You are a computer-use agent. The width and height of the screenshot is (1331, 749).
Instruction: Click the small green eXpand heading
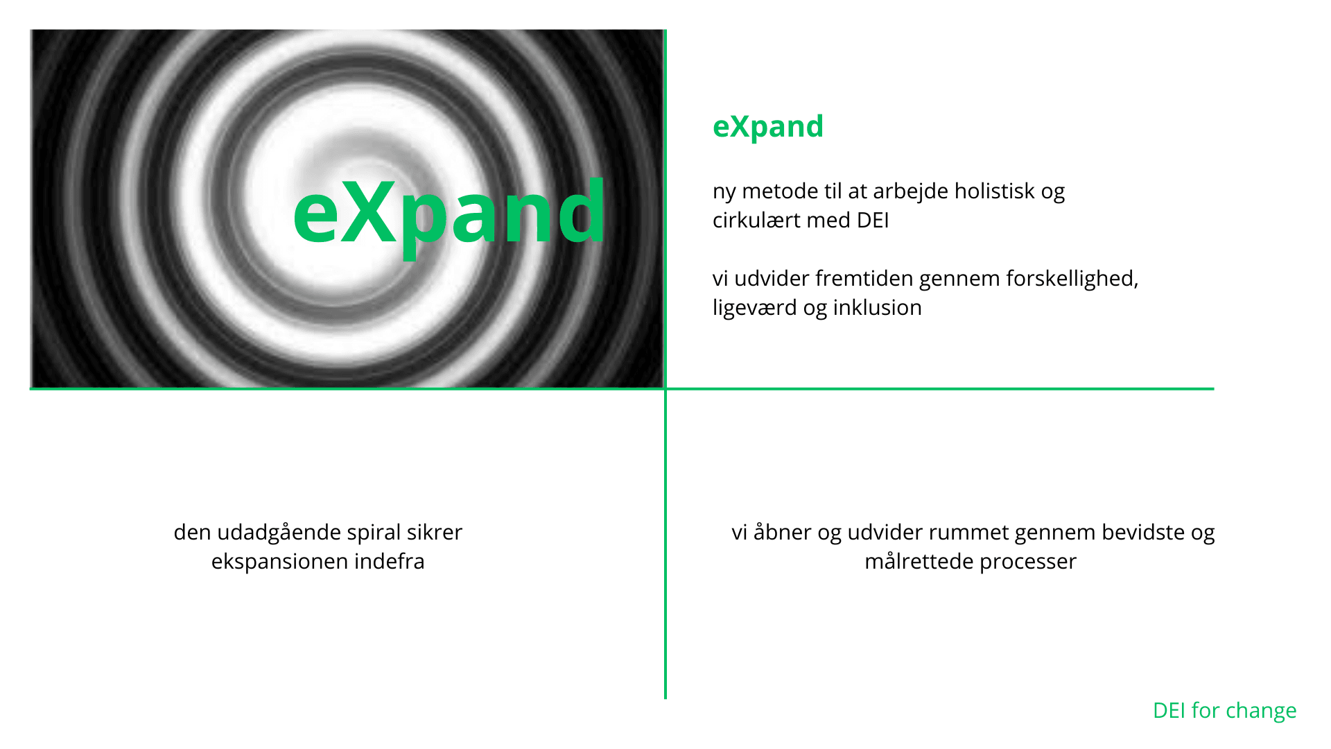[768, 127]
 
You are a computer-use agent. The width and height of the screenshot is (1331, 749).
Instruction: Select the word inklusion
[878, 307]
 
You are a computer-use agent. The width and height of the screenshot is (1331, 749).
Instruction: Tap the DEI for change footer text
[1224, 711]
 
